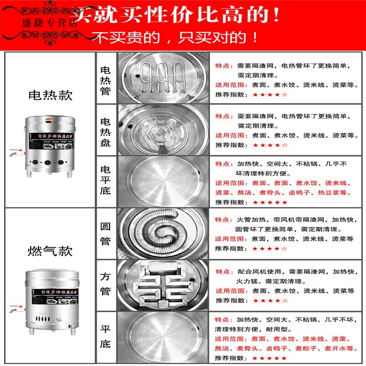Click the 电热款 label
[x=50, y=95]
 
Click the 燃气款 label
[x=50, y=251]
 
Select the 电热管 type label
[x=106, y=78]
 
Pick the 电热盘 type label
[x=106, y=130]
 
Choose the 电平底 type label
[x=106, y=182]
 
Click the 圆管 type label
[x=106, y=234]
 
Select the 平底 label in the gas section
[x=106, y=336]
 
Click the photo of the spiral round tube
[x=163, y=234]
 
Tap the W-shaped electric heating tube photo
[x=163, y=78]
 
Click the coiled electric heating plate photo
[x=163, y=130]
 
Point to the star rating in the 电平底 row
[x=270, y=202]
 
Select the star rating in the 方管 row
[x=270, y=301]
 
